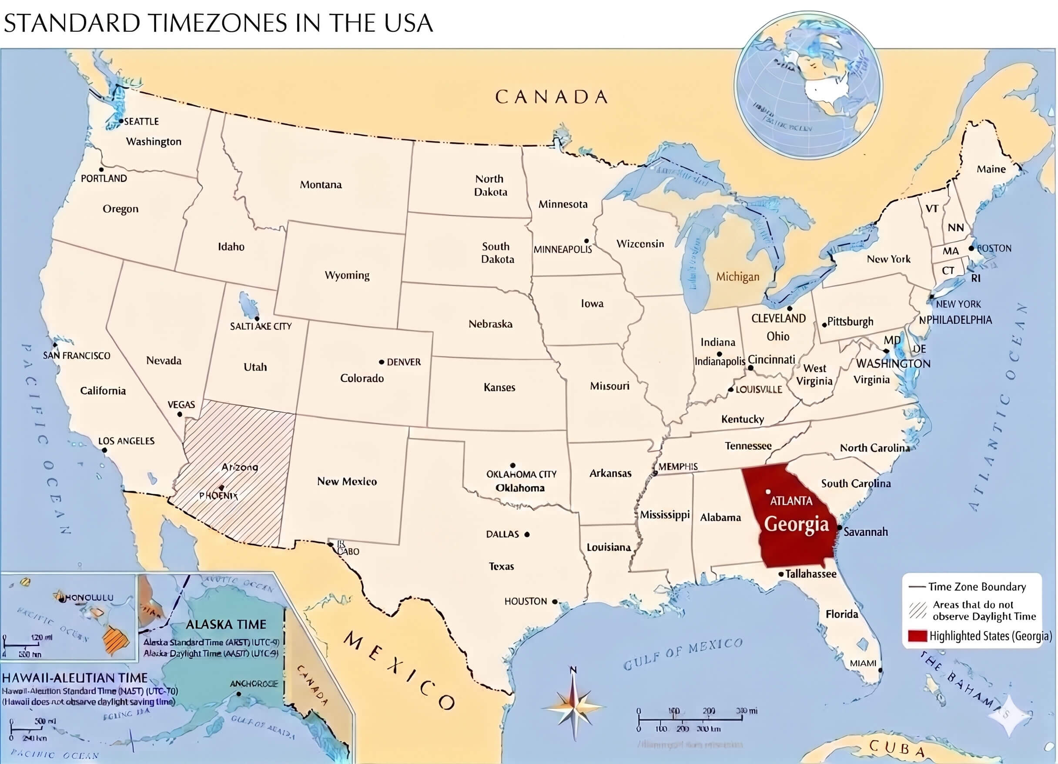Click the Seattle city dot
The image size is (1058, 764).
point(121,121)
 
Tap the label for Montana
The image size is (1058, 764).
point(321,185)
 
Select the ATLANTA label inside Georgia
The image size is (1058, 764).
point(791,501)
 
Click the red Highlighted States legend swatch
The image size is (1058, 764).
point(917,636)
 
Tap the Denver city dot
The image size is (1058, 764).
point(382,362)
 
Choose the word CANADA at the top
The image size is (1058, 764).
point(551,97)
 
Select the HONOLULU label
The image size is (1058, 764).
point(89,598)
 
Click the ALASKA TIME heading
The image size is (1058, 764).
point(226,624)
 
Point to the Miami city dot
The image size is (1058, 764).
point(880,670)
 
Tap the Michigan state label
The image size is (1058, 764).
point(737,277)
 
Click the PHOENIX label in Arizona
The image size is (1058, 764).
point(218,495)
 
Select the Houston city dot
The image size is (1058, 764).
point(555,602)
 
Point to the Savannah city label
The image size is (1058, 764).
point(865,532)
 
